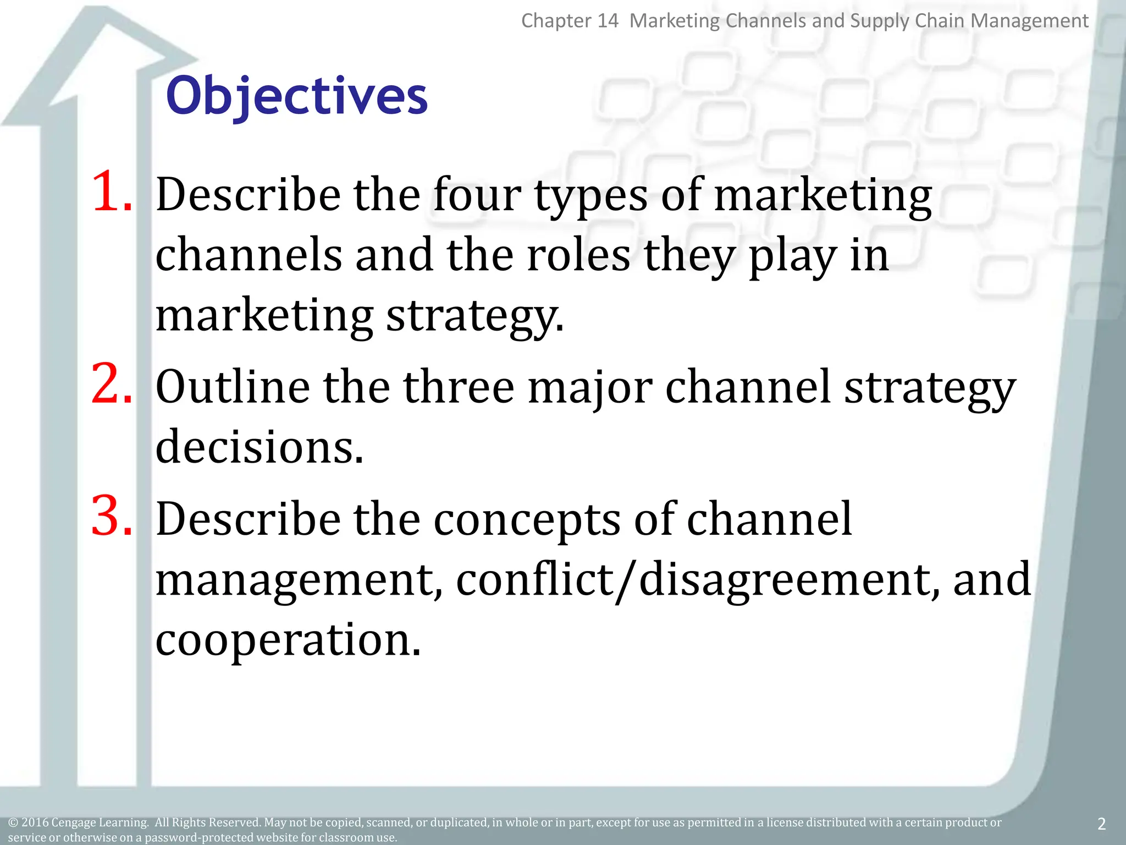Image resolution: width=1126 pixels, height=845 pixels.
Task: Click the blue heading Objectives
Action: coord(296,96)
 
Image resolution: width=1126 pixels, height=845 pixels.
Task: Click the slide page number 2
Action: coord(1101,824)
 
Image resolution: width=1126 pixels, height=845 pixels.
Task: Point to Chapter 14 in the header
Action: coord(570,21)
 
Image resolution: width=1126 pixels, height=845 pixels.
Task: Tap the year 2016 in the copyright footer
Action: coord(35,822)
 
